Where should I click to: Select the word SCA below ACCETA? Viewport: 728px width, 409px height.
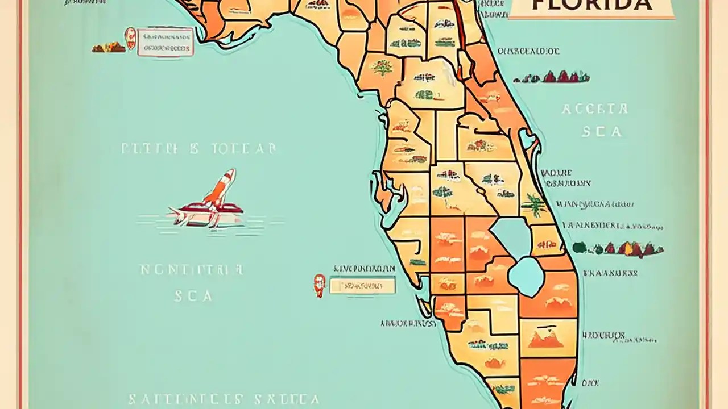[601, 132]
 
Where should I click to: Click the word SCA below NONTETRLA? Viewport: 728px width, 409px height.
[193, 295]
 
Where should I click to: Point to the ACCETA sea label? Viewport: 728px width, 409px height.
[595, 108]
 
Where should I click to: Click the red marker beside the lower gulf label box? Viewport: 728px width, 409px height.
[320, 285]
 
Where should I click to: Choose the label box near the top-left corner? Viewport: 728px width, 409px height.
[165, 42]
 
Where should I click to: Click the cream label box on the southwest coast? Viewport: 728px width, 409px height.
[362, 285]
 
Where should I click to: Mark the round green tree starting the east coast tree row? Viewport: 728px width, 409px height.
[579, 247]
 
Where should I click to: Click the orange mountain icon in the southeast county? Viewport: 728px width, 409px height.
[545, 339]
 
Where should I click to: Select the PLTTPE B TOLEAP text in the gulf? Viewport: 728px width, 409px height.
[199, 149]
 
